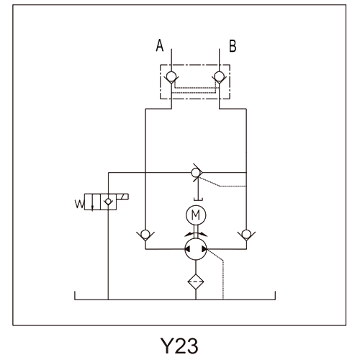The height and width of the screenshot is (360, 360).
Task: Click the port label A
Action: point(160,45)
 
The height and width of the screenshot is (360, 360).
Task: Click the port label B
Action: point(233,46)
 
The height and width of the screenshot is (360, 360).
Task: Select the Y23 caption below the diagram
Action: point(179,346)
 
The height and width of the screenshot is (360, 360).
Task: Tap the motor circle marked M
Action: point(196,215)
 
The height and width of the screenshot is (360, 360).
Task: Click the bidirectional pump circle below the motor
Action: point(196,249)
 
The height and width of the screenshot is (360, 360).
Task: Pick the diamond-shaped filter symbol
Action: point(196,282)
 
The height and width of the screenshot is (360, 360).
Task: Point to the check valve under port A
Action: point(171,77)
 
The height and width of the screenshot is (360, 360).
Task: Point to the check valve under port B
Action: point(219,77)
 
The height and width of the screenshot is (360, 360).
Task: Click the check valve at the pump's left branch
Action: point(145,235)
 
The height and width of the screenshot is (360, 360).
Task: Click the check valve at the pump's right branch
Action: point(246,235)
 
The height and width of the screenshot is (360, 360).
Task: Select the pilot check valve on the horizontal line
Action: point(197,172)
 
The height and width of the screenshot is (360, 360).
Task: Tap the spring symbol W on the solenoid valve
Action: point(79,204)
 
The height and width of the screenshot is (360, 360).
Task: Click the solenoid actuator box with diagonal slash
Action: point(122,197)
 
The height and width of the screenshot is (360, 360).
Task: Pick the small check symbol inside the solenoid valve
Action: point(108,202)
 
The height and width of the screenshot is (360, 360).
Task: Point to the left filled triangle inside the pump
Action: point(187,249)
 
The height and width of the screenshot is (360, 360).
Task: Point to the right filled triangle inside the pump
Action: point(204,249)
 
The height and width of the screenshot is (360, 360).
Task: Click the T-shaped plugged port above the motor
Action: point(198,191)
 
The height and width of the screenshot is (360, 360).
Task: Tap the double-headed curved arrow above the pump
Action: point(196,234)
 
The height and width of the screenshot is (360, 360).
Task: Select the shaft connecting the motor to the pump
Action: point(196,231)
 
